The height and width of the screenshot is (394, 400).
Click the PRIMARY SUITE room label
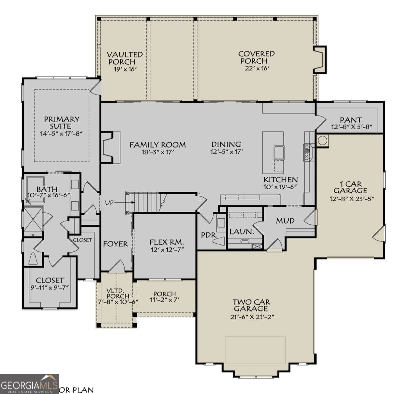point(62,123)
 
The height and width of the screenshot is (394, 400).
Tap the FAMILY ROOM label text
point(157,145)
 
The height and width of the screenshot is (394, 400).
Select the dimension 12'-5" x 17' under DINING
point(226,152)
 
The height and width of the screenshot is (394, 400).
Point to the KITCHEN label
point(280,180)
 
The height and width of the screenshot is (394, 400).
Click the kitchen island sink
point(279,152)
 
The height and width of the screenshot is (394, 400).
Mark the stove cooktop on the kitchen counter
point(307,153)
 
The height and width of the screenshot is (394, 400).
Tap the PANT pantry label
point(351,120)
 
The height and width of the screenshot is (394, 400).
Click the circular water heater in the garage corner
point(322,140)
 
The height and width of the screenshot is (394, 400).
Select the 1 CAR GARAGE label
point(350,187)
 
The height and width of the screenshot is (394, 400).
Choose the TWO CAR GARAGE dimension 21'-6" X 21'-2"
point(252,317)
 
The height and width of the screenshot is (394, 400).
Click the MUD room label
point(285,221)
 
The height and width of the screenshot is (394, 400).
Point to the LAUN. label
point(242,231)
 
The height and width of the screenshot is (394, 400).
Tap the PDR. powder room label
point(209,235)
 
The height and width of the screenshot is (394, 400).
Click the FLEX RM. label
point(167,242)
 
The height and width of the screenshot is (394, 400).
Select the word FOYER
point(115,244)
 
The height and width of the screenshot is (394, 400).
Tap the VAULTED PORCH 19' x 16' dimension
point(125,69)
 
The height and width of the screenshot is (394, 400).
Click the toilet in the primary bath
point(34,259)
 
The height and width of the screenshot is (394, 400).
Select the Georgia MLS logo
point(29,384)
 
